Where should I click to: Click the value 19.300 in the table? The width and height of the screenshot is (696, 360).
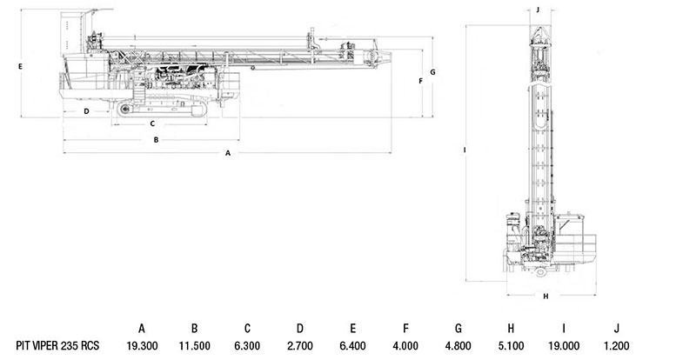142,345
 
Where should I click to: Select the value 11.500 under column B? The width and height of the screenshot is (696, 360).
194,345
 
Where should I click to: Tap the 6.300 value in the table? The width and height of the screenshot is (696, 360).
247,345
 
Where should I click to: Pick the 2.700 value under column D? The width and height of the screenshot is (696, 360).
300,345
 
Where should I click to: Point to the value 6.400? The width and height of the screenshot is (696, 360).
352,345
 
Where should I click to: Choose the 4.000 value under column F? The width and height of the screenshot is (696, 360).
405,345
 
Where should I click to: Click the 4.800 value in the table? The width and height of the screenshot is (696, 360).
458,345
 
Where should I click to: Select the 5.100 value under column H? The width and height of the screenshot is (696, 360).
511,345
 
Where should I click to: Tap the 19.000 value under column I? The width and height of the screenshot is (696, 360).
563,345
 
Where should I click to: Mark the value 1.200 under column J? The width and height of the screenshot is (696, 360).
616,345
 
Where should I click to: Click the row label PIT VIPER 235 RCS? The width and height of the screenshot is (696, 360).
57,345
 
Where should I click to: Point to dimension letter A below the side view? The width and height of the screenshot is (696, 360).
228,153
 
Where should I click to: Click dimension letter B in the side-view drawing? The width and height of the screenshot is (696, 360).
156,140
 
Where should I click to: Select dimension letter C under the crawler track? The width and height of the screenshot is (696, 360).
152,123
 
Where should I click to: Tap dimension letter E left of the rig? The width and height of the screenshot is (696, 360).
20,67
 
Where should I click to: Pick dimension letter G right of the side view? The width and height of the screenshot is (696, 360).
432,72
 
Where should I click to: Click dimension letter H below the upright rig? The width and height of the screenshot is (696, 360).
546,296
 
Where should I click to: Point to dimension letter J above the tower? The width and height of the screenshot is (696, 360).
538,10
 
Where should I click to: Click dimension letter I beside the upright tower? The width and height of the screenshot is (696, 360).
465,150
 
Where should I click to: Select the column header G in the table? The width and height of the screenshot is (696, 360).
458,329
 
